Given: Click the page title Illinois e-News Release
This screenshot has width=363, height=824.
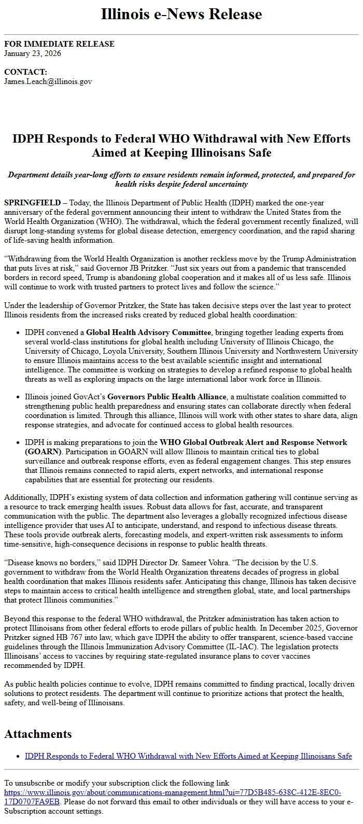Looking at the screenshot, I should pyautogui.click(x=181, y=14).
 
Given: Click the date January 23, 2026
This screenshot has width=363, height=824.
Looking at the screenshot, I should pyautogui.click(x=33, y=53).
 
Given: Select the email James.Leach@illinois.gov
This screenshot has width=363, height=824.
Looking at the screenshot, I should pyautogui.click(x=48, y=81).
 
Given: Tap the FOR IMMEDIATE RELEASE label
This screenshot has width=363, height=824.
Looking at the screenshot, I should pyautogui.click(x=59, y=44).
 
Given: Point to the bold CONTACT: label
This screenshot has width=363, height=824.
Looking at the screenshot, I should pyautogui.click(x=25, y=72).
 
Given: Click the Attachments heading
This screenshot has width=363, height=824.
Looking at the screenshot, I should pyautogui.click(x=38, y=734).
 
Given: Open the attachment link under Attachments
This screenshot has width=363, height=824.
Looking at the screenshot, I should pyautogui.click(x=188, y=756).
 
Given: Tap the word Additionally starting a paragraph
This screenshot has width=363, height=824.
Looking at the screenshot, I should pyautogui.click(x=25, y=497).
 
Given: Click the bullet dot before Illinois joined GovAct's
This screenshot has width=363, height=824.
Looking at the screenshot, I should pyautogui.click(x=19, y=397).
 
